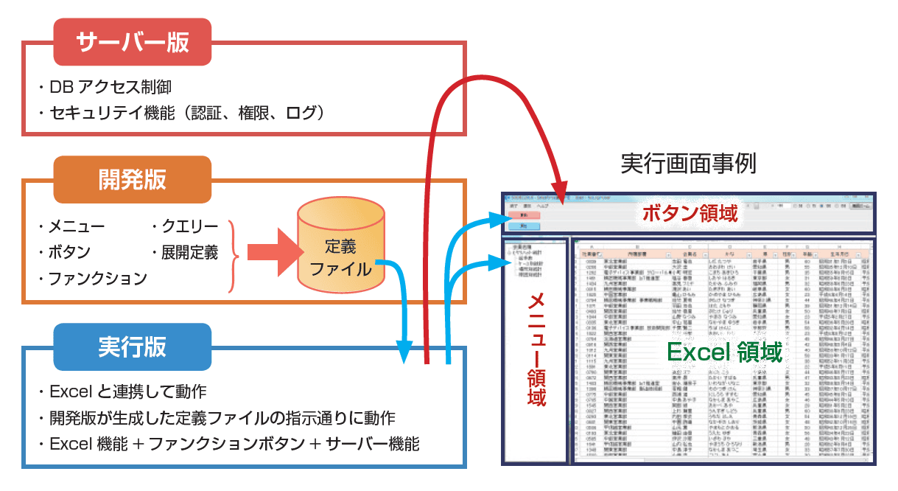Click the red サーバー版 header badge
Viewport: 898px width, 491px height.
pyautogui.click(x=133, y=41)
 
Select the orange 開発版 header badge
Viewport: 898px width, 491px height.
pyautogui.click(x=133, y=179)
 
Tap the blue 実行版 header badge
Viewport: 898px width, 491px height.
pyautogui.click(x=133, y=347)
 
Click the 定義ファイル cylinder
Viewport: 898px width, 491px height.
pyautogui.click(x=341, y=251)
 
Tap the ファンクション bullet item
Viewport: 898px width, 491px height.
pyautogui.click(x=97, y=279)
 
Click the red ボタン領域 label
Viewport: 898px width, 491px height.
pyautogui.click(x=689, y=214)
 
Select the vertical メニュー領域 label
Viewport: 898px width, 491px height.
pyautogui.click(x=536, y=349)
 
